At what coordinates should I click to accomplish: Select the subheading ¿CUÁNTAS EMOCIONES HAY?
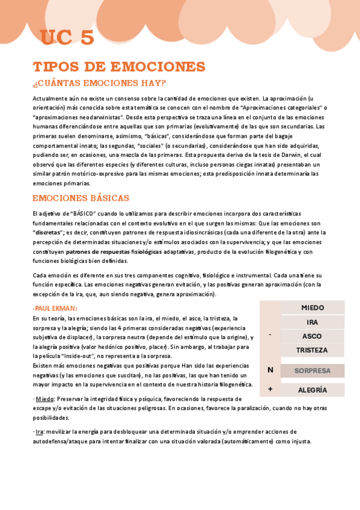point(99,82)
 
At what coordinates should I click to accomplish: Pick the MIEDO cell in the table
point(312,308)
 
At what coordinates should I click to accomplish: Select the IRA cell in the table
point(312,322)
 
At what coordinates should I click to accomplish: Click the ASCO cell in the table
point(312,336)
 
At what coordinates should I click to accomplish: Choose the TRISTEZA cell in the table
point(312,350)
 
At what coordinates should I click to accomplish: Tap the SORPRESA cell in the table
point(312,371)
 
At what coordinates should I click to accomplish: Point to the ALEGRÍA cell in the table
point(312,390)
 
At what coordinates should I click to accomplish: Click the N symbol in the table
point(270,370)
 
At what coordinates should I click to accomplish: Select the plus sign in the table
point(270,390)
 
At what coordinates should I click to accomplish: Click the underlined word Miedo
point(44,399)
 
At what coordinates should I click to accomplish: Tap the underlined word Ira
point(40,432)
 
